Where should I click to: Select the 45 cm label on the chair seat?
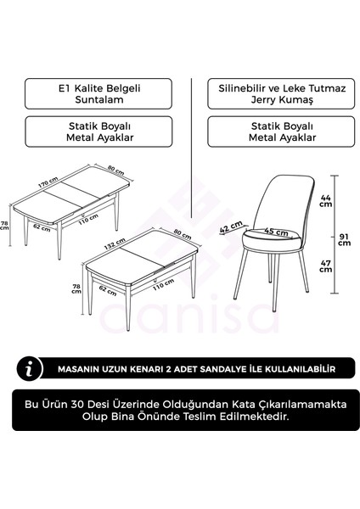(x=275, y=230)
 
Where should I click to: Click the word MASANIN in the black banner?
(x=86, y=369)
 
